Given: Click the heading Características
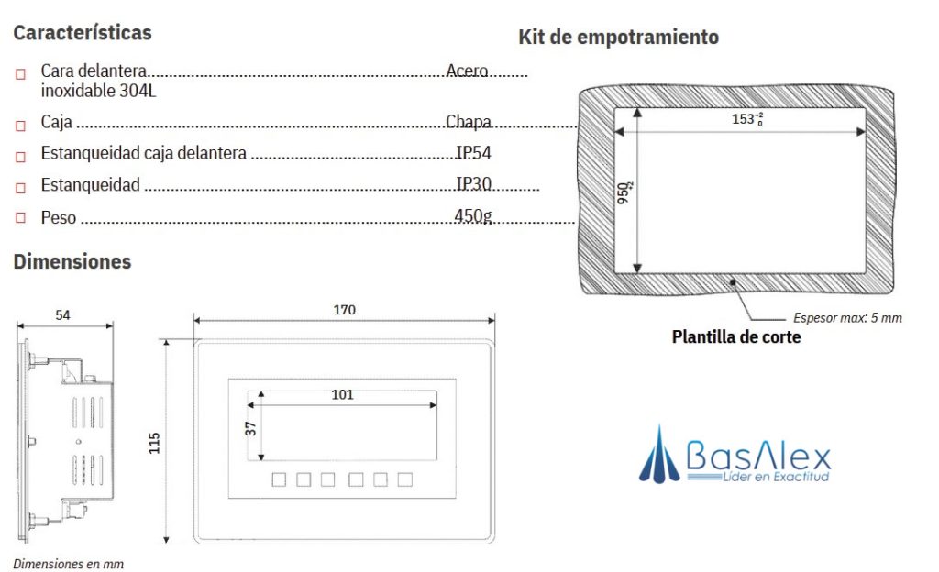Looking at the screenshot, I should [83, 33].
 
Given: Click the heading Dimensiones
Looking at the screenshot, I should [72, 262].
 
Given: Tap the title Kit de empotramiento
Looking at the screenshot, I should [618, 38].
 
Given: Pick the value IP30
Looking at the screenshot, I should [474, 184].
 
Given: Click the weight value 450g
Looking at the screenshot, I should [473, 216].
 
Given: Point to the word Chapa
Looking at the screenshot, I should [469, 122].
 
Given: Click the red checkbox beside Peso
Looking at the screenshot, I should [20, 218].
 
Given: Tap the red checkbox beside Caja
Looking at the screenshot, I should [20, 124].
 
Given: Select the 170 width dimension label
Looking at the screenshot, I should [344, 310].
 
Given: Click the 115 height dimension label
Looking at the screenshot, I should [154, 443].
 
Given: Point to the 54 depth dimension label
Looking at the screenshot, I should [62, 314].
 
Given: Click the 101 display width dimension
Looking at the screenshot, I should [342, 395].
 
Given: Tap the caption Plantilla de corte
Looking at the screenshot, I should [736, 337].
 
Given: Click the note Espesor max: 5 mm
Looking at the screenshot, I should [846, 318].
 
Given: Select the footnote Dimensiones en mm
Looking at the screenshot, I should [68, 564].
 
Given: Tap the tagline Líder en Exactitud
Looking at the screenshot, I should [776, 478].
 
